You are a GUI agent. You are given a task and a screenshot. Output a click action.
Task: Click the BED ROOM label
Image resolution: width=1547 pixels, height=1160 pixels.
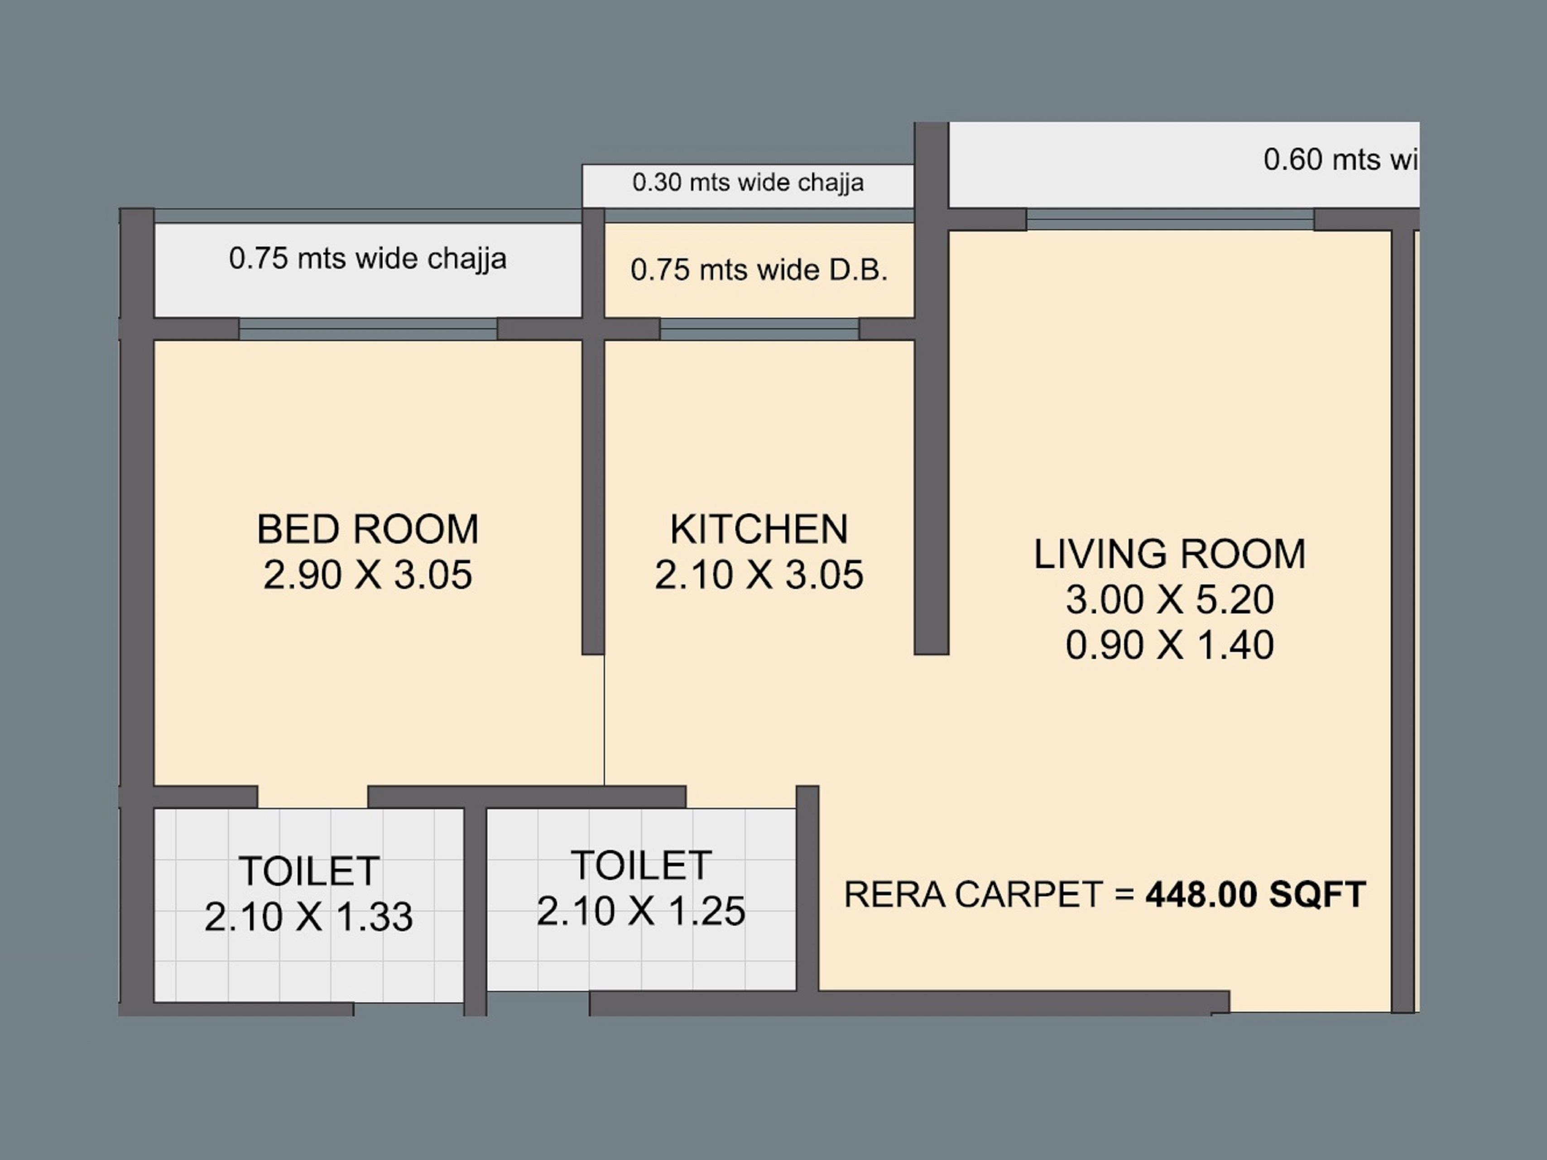(368, 530)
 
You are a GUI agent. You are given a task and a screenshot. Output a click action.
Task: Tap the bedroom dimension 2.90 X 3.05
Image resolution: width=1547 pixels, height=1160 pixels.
(368, 575)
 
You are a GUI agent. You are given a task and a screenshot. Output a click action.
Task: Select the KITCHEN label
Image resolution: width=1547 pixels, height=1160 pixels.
(759, 530)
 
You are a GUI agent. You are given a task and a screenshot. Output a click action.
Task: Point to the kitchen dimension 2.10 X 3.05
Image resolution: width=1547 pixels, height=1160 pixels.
(759, 575)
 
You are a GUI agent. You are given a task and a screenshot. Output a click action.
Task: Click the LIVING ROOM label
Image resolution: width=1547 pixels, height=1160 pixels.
(1169, 554)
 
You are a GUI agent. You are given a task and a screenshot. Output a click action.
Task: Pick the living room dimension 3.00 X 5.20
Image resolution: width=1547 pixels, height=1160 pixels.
(1169, 599)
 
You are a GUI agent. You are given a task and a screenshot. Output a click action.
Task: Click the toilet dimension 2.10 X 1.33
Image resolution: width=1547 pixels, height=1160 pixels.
(308, 917)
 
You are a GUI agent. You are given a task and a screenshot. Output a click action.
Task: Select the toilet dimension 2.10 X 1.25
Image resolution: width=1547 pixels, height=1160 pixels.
(641, 911)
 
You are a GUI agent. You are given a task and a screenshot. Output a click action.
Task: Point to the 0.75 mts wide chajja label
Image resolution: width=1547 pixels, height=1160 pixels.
(368, 259)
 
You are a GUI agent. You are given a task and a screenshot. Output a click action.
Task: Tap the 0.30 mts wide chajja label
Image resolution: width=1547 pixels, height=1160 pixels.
(748, 183)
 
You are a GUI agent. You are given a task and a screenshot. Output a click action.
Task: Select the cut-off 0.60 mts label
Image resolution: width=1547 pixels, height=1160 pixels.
(1339, 159)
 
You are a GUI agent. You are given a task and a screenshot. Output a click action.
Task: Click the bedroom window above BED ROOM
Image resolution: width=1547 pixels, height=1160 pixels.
(368, 329)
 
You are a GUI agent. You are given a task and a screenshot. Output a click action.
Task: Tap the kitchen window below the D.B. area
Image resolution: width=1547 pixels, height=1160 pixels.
(759, 329)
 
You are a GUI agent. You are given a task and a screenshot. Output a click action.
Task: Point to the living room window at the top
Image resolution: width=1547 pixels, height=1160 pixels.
(1169, 220)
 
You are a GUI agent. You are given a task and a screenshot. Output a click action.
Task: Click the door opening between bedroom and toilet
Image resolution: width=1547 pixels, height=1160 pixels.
(312, 796)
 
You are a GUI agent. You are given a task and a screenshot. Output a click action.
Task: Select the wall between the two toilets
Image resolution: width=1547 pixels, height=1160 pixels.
(475, 909)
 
